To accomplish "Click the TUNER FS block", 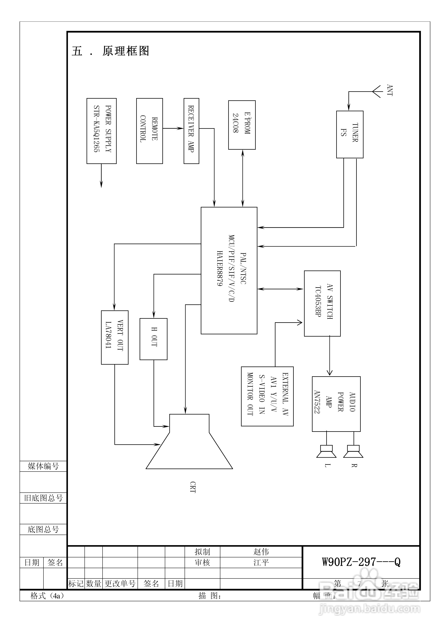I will (349, 134).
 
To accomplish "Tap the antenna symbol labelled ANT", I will (377, 91).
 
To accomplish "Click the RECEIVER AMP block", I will (191, 131).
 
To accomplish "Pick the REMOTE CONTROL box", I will (149, 131).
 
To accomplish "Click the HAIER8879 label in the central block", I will (219, 268).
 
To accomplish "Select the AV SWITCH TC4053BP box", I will (322, 303).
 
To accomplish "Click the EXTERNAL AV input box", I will (267, 396).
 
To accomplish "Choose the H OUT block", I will (154, 339).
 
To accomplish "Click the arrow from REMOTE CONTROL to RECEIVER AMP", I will (173, 128).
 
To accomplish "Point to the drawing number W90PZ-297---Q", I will (361, 562).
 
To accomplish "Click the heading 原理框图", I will (126, 51).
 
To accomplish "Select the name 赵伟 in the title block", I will (261, 552).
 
